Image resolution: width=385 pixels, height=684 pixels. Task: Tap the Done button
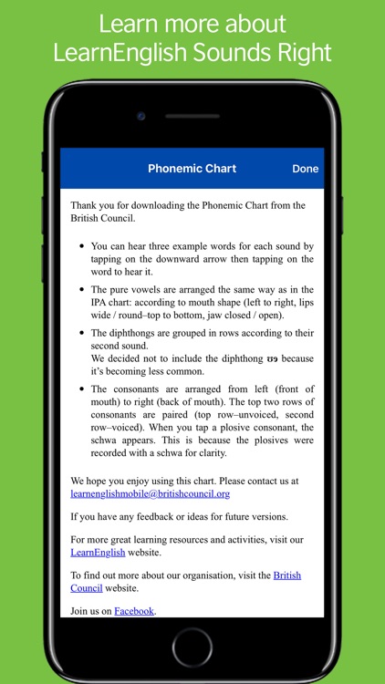tap(305, 169)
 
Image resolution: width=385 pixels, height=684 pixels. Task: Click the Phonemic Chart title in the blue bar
tap(192, 169)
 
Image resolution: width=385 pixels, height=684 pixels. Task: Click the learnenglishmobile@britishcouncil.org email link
tap(150, 493)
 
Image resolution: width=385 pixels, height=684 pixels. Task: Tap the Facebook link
tap(134, 610)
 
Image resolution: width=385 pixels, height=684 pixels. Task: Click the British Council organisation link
tap(286, 575)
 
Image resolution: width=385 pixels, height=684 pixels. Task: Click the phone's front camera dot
tap(140, 117)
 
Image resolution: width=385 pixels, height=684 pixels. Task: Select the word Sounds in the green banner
tap(227, 52)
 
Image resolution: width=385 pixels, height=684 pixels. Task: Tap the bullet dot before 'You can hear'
tap(82, 246)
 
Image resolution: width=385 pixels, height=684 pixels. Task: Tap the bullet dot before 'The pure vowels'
tap(82, 289)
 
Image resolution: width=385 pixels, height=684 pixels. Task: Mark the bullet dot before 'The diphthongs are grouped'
tap(82, 333)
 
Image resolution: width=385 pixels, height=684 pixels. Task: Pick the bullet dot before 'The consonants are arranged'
tap(82, 389)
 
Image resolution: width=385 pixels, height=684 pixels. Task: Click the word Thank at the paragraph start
tap(84, 205)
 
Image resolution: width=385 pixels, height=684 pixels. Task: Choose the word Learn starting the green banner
tap(126, 24)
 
